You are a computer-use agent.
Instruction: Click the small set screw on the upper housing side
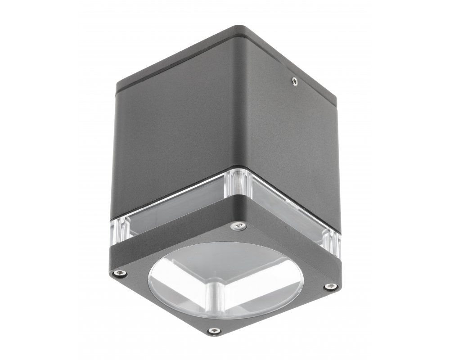[294, 81]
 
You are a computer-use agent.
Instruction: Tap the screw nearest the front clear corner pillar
[238, 226]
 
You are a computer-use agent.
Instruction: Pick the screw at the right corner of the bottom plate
[330, 287]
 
